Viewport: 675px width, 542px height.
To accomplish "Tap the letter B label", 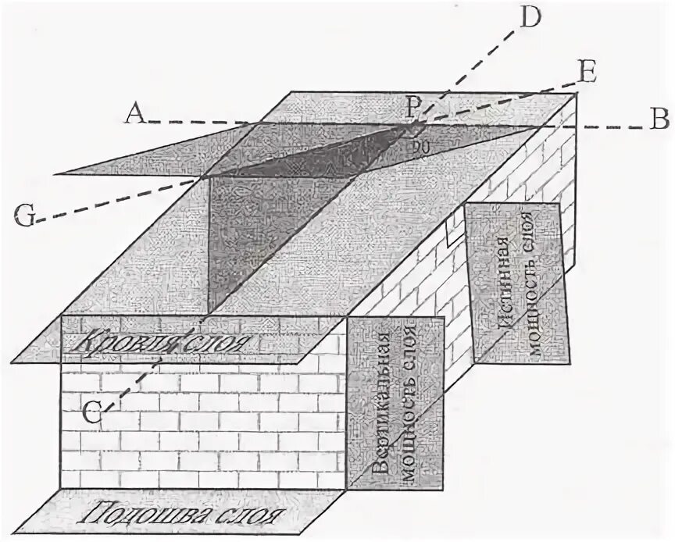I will (x=659, y=119).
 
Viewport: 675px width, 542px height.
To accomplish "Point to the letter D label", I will (x=530, y=18).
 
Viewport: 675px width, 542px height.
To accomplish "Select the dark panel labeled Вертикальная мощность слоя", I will (x=396, y=402).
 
